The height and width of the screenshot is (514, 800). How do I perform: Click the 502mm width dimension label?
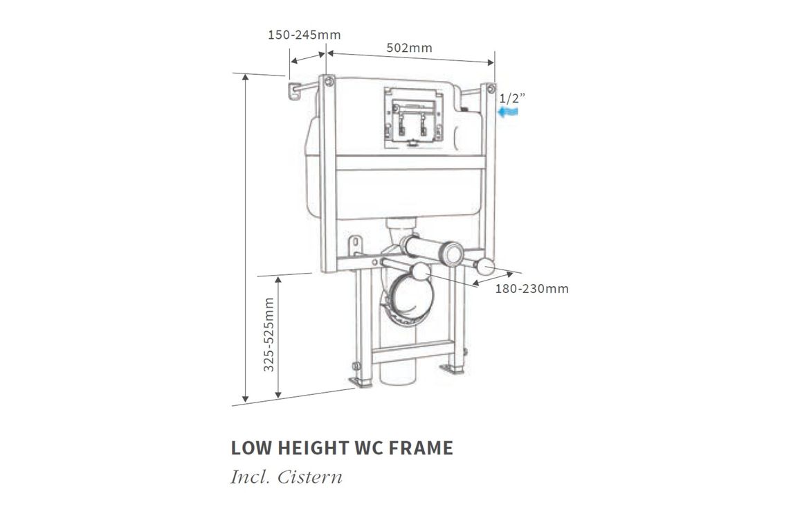(410, 48)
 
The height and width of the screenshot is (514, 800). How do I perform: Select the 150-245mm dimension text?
(304, 35)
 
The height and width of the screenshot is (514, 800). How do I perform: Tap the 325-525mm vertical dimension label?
(269, 334)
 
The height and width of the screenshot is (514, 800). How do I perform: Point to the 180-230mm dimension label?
(531, 289)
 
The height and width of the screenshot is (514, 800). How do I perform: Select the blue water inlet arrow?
(509, 112)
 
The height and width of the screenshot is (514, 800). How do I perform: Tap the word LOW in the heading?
(251, 448)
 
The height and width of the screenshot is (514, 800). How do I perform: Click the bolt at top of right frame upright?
(490, 89)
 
